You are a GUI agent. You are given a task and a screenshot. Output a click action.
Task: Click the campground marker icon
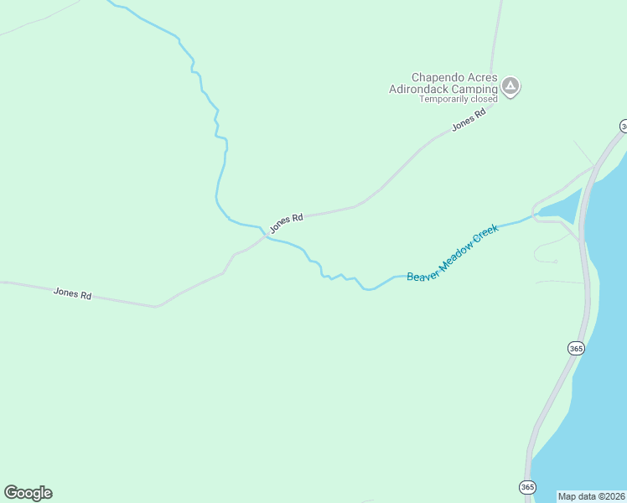(x=510, y=86)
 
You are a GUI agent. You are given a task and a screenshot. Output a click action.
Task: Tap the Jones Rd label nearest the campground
(x=469, y=122)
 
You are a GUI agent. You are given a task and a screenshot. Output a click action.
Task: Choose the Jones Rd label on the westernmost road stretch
(x=72, y=294)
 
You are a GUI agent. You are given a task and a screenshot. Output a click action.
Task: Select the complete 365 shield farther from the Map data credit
(x=575, y=348)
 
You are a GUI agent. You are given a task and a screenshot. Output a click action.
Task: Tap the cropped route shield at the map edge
(x=624, y=127)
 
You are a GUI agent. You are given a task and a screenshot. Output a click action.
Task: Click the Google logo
(x=28, y=493)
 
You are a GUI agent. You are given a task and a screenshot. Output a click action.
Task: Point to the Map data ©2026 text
(x=592, y=495)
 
